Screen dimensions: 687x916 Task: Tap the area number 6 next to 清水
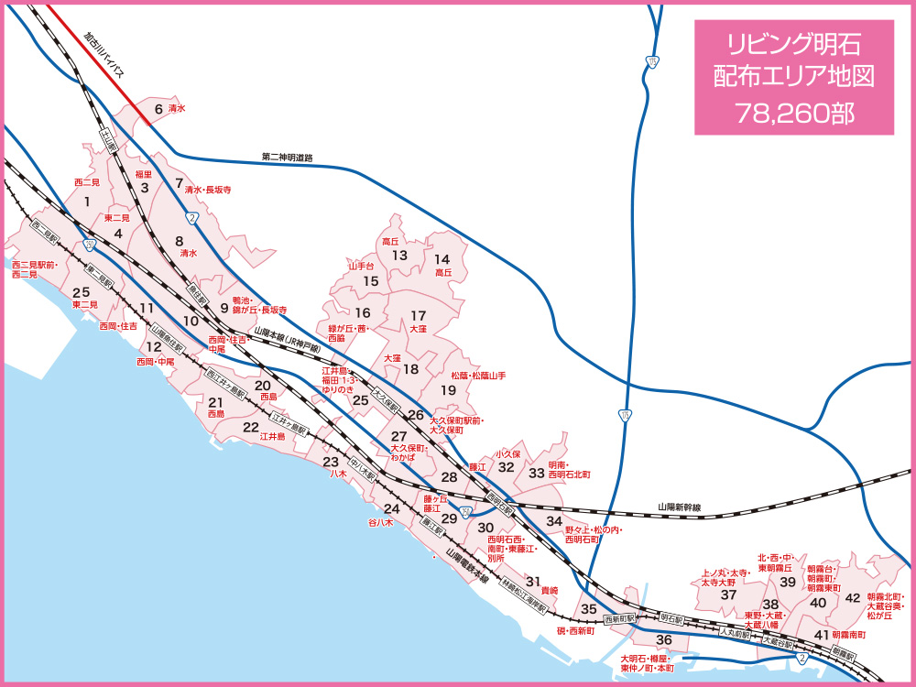[x=158, y=109]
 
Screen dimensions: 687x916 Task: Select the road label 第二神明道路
[x=287, y=158]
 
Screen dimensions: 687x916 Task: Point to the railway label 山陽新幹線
[x=679, y=507]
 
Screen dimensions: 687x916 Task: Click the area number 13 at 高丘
[x=399, y=256]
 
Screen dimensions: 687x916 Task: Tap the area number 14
[x=442, y=259]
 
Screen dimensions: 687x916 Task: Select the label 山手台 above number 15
[x=363, y=265]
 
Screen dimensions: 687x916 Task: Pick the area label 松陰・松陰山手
[x=478, y=376]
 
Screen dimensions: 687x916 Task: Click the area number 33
[x=536, y=473]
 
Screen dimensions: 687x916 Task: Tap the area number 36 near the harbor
[x=665, y=639]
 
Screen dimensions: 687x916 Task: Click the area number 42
[x=852, y=598]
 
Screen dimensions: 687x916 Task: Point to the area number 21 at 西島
[x=216, y=402]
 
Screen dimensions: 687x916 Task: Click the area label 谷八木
[x=380, y=522]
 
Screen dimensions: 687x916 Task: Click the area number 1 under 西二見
[x=86, y=202]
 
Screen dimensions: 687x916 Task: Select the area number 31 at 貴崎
[x=532, y=582]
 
